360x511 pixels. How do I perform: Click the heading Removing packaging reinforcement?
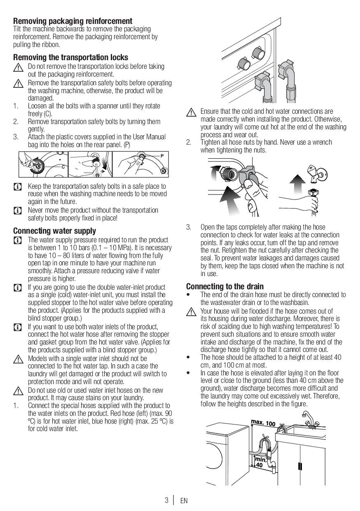coord(72,21)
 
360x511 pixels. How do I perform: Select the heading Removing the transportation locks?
coord(70,57)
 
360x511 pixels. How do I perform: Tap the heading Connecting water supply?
coord(54,231)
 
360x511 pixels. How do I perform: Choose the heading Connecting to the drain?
coord(225,286)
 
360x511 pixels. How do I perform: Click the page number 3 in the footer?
coord(167,500)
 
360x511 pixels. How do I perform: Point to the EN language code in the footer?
coord(184,501)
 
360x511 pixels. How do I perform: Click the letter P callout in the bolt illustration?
coord(162,156)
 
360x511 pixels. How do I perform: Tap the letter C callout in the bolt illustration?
coord(63,167)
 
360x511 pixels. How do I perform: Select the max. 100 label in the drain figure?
coord(263,423)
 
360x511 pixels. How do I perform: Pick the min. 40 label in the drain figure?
coord(260,462)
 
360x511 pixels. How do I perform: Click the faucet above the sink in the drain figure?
coord(310,420)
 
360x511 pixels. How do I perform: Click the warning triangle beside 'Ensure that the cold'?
coord(191,112)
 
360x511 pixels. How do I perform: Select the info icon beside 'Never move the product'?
coord(18,211)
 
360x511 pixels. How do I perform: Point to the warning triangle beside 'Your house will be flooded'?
coord(191,312)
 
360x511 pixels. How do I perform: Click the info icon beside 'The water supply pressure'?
coord(18,240)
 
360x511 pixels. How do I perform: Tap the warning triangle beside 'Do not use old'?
coord(18,391)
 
